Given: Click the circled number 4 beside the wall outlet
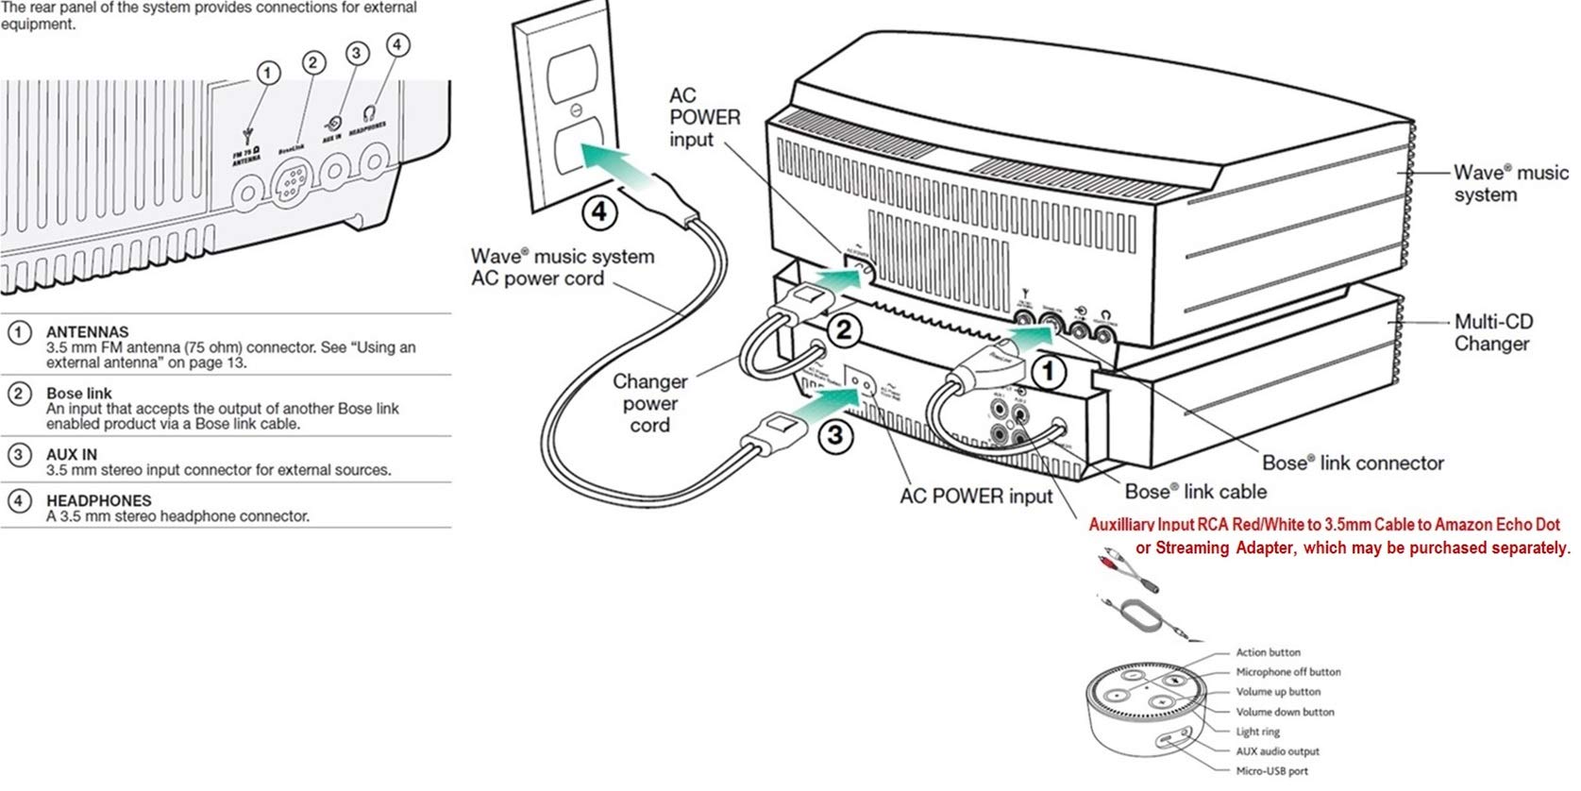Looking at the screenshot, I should click(x=599, y=210).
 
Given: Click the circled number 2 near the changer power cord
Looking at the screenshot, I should click(x=844, y=329).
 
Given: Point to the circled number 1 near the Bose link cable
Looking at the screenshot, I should click(x=1050, y=373).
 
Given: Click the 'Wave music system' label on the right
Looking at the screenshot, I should click(x=1509, y=183).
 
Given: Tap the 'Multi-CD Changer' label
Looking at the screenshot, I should click(x=1492, y=332).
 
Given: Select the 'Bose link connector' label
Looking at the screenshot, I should click(x=1352, y=463).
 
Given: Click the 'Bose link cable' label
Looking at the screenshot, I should click(x=1195, y=491).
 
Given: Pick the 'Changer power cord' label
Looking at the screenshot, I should click(x=649, y=403).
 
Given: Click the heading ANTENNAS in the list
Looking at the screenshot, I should click(x=87, y=332).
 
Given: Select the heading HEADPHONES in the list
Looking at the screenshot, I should click(x=98, y=500).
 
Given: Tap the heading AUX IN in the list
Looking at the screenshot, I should click(x=72, y=454).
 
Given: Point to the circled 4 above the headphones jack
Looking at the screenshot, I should click(x=398, y=45).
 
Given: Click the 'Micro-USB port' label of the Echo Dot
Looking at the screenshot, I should click(x=1271, y=771).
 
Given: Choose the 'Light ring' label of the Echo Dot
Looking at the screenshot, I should click(x=1257, y=732).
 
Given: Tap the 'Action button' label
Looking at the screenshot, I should click(x=1268, y=652).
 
